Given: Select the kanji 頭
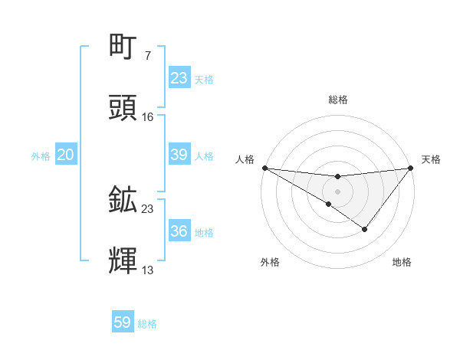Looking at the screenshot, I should tap(123, 108).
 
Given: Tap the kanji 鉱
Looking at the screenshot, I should tap(123, 200).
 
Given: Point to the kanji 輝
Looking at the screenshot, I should tap(123, 261).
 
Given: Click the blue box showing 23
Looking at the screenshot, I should tap(179, 78).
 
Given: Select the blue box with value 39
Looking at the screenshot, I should tap(179, 155).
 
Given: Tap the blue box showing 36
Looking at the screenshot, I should tap(179, 231).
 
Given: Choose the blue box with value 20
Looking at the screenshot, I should tap(65, 155).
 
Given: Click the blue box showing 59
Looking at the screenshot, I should tap(123, 322).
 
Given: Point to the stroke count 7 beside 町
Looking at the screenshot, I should tap(147, 55).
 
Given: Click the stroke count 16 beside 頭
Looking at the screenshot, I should tap(148, 116).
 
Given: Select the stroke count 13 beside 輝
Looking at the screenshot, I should tap(148, 270).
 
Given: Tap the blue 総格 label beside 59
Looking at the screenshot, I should tap(147, 324).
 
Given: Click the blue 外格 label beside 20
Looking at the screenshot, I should tap(41, 156).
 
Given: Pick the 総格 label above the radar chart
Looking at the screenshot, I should tap(338, 100).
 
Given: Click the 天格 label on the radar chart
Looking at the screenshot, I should tap(431, 159).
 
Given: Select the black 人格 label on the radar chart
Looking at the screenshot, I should tap(245, 159).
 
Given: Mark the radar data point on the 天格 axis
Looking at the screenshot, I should tap(411, 168).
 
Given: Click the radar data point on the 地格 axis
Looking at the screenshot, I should tap(365, 229).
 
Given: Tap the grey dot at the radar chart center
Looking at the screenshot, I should tap(337, 191).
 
